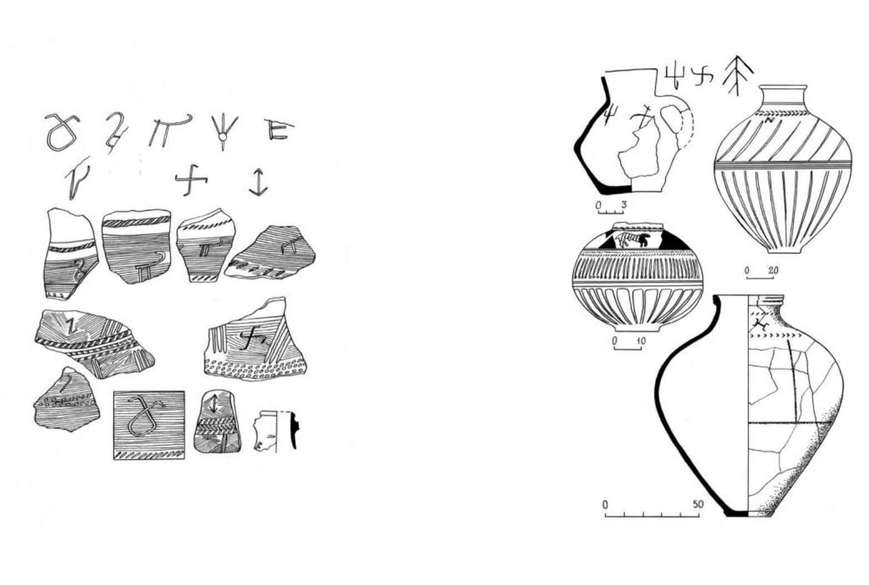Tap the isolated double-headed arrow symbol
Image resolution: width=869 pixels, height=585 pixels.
coord(258,182)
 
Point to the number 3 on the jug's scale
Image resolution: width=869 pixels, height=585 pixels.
coord(624,205)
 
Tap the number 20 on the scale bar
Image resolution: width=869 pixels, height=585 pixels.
coord(773,270)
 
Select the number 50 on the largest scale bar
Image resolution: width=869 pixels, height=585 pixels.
coord(698,504)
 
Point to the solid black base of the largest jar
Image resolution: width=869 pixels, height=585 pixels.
coord(738,513)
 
